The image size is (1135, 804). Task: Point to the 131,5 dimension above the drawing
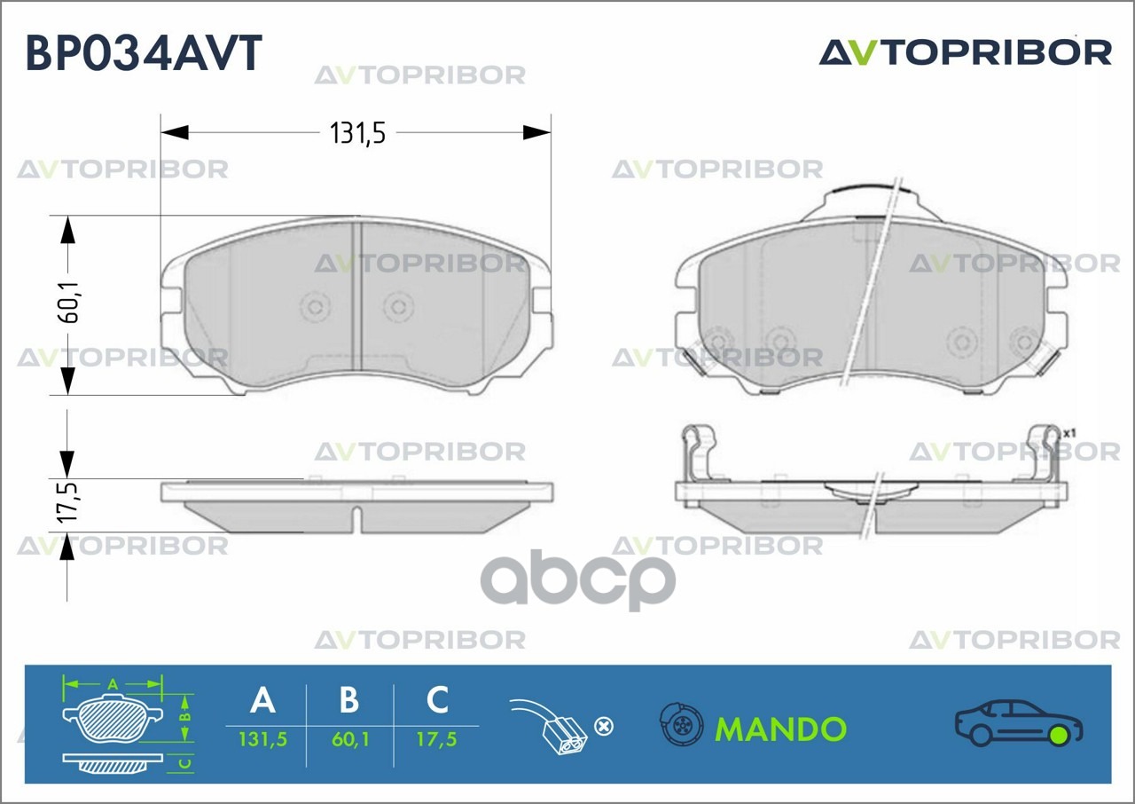click(357, 133)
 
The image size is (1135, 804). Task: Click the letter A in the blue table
click(262, 700)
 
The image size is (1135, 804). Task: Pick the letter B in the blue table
click(349, 700)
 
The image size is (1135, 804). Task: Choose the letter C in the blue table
click(437, 700)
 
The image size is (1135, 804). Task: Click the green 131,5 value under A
click(262, 739)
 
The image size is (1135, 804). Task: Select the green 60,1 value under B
click(349, 739)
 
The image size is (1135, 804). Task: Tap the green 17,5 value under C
click(437, 739)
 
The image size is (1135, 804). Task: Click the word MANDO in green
click(780, 729)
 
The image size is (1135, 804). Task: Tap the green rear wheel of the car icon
click(1058, 735)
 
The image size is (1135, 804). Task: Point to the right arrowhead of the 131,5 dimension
click(537, 133)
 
